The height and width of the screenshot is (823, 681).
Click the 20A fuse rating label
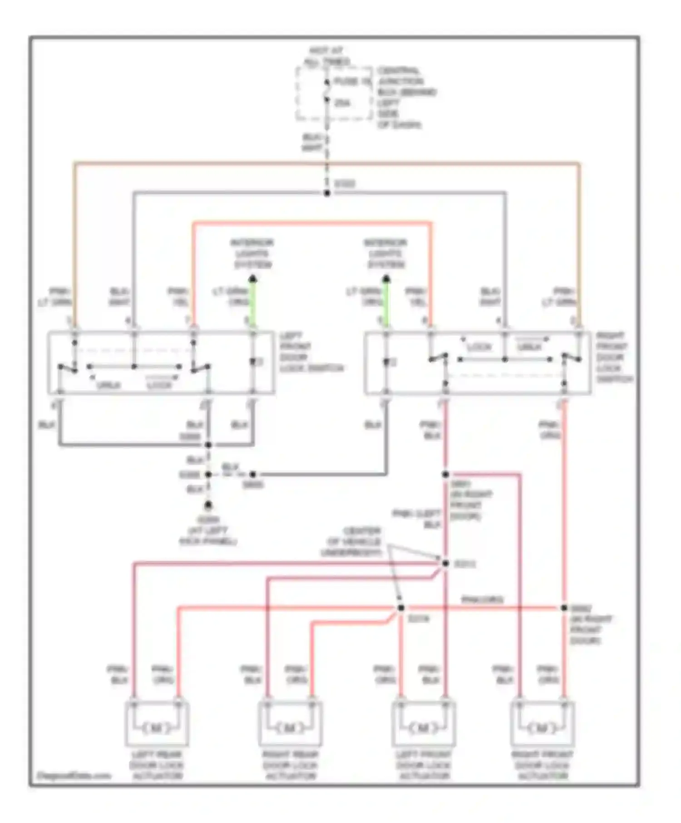(342, 103)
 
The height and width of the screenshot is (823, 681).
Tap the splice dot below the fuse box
(326, 193)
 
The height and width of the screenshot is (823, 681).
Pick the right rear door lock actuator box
(290, 723)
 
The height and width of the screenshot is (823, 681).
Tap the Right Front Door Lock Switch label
(613, 357)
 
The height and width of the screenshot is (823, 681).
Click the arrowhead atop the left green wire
(253, 279)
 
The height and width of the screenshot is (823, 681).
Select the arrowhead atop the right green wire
(386, 279)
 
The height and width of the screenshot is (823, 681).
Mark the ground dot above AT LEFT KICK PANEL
(208, 505)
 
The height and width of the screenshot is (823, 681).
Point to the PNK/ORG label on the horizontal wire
(482, 599)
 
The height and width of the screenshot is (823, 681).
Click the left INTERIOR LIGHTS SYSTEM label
(252, 254)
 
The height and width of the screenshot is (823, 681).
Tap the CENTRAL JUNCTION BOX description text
(405, 98)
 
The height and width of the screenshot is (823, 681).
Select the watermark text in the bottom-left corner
(73, 775)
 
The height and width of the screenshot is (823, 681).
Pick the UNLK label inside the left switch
(109, 385)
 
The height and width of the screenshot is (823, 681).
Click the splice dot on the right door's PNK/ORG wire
(563, 607)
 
